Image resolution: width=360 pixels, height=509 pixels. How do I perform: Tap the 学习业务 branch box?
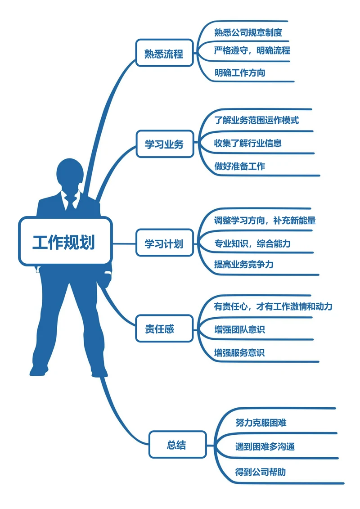(x=164, y=144)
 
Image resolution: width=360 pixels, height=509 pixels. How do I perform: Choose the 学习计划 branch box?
(x=164, y=243)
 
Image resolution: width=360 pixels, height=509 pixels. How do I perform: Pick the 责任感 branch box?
(x=159, y=329)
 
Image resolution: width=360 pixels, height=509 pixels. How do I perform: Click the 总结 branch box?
(x=177, y=445)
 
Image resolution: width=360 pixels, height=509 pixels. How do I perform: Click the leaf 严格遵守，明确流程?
(x=252, y=50)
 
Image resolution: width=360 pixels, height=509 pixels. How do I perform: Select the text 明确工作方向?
(x=240, y=72)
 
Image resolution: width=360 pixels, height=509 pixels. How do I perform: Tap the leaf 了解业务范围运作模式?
(x=256, y=120)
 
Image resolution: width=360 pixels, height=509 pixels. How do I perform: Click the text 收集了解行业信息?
(x=248, y=144)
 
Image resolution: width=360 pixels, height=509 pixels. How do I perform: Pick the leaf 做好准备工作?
(x=240, y=166)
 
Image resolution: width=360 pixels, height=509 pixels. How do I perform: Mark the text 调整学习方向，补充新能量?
(x=265, y=221)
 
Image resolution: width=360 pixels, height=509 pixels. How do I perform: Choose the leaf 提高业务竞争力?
(x=244, y=264)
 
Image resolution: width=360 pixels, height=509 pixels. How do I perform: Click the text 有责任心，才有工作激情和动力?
(x=273, y=307)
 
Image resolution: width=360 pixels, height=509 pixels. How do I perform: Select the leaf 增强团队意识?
(x=240, y=329)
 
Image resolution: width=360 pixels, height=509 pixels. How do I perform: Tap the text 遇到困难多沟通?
(x=265, y=447)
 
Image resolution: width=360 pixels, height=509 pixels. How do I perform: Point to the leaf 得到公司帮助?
(x=261, y=472)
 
